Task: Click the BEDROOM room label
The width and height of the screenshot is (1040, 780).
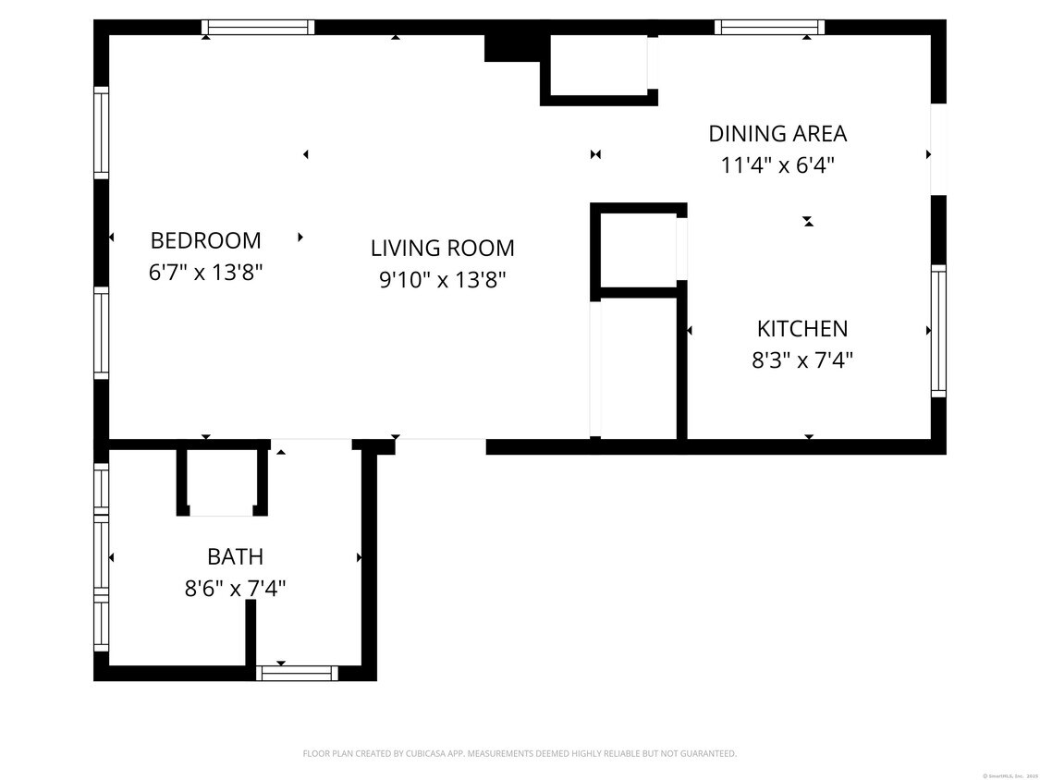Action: [x=205, y=240]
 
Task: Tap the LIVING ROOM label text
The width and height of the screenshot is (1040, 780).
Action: [x=442, y=248]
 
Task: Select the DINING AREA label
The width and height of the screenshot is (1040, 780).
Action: [x=777, y=133]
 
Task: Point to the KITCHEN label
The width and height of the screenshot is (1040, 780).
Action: [x=801, y=328]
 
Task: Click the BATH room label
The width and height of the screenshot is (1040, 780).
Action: [x=235, y=556]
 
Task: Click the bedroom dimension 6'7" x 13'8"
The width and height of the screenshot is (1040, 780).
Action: [x=205, y=273]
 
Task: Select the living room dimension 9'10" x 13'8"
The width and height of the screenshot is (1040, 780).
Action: [x=442, y=279]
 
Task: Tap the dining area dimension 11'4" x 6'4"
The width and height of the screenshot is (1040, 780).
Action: [x=777, y=165]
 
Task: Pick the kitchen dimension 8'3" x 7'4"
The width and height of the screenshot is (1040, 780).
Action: [x=801, y=360]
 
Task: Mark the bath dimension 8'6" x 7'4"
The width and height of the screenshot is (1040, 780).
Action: [x=235, y=588]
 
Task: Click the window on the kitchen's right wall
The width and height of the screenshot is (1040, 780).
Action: [x=938, y=331]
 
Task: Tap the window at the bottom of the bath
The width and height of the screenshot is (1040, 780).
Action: [x=297, y=673]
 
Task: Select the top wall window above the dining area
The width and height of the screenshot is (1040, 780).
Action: [x=769, y=27]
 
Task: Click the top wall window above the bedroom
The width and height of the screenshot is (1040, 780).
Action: [x=259, y=27]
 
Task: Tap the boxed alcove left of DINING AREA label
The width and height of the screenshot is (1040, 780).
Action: [x=597, y=65]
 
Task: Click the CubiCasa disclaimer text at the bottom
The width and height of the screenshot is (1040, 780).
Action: [x=520, y=753]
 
